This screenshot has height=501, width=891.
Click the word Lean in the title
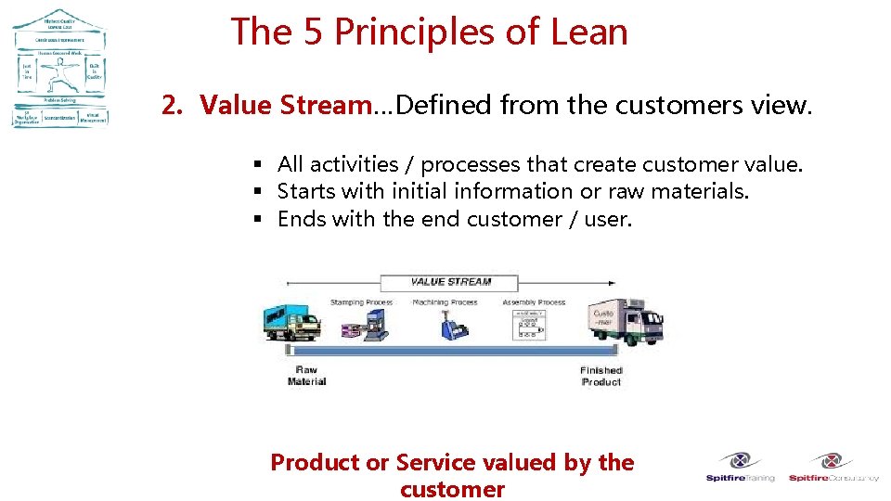[589, 32]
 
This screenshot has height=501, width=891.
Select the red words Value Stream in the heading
[285, 106]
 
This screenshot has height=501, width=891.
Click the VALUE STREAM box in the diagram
[450, 282]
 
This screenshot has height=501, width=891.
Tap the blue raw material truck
[292, 323]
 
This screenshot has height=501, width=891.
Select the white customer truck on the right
[627, 321]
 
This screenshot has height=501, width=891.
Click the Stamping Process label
[361, 302]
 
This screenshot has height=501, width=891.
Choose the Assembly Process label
[534, 302]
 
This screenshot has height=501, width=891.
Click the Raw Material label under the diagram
[306, 375]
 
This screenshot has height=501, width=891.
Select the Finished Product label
[600, 376]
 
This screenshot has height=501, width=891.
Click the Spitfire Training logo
[740, 467]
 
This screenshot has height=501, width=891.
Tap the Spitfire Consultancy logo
[833, 467]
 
